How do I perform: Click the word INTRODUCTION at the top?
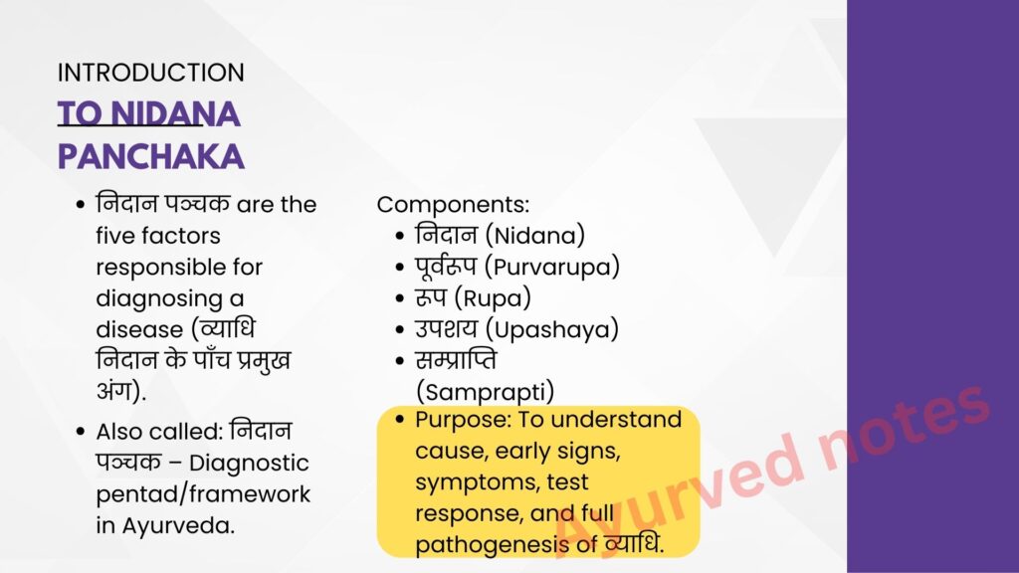tap(151, 72)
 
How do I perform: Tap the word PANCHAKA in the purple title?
tap(151, 157)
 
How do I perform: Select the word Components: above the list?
tap(453, 205)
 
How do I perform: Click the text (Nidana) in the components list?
tap(534, 235)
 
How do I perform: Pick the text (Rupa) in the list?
tap(492, 298)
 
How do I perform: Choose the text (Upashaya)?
tap(551, 329)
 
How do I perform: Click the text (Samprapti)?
tap(485, 392)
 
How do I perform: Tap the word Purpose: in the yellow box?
tap(464, 420)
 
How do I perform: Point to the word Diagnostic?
tap(249, 464)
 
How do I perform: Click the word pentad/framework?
tap(203, 494)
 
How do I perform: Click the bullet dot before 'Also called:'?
tap(80, 432)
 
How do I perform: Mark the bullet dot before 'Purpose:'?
tap(399, 420)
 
